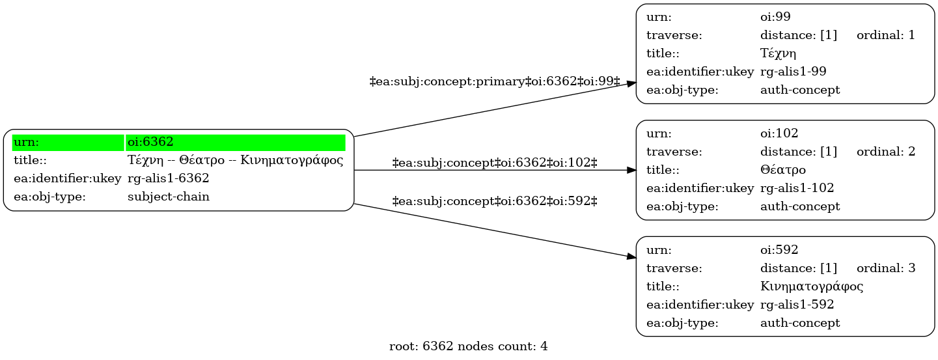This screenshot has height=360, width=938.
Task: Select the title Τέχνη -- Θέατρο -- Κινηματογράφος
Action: pos(236,160)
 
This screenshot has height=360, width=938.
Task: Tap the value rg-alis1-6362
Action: pos(169,179)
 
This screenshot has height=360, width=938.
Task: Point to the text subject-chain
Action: pos(169,197)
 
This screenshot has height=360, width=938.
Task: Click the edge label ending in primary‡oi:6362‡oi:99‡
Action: pos(495,81)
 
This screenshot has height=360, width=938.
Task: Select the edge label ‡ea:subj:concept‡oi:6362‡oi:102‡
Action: pos(495,162)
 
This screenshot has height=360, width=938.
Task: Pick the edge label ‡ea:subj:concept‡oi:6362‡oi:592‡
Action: pos(495,201)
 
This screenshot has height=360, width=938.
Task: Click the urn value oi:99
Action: pos(775,17)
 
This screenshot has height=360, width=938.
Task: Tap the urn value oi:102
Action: pos(779,133)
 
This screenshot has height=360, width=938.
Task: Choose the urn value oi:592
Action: pos(779,249)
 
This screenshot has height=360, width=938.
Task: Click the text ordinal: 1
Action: pos(886,35)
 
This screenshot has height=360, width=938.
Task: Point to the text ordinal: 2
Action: pos(886,152)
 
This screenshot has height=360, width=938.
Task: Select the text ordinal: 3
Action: pos(886,268)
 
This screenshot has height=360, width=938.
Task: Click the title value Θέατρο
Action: pos(782,170)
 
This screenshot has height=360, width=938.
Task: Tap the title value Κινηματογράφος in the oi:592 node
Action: pos(812,286)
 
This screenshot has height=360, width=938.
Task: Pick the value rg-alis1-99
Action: pos(793,72)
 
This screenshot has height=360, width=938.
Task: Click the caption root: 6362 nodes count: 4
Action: pos(468,346)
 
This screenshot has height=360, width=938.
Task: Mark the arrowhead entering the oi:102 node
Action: pos(631,170)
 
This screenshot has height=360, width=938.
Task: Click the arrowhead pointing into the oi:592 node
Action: pos(631,256)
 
